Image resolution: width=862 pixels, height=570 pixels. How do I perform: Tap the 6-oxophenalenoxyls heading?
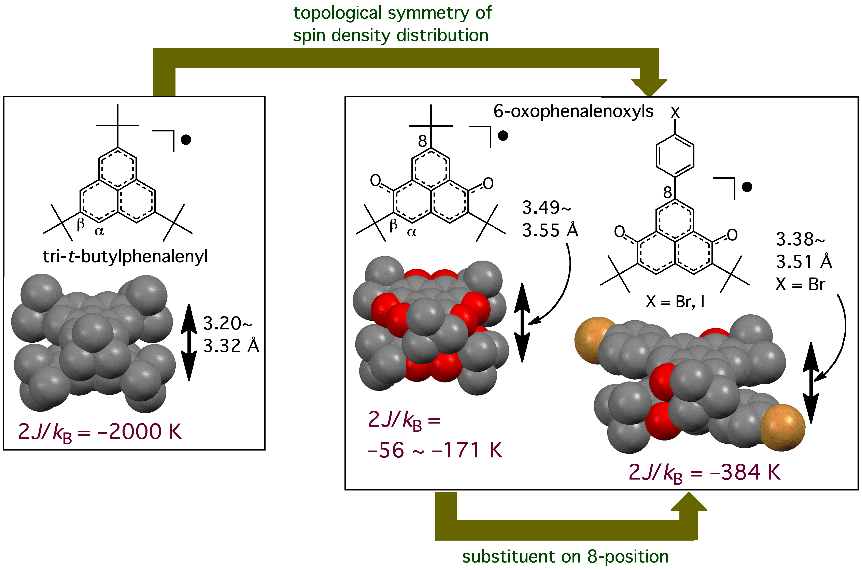coord(573,111)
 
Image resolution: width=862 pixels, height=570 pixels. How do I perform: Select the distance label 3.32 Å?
coord(231,346)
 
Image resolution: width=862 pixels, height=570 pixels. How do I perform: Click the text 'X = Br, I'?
coord(675,301)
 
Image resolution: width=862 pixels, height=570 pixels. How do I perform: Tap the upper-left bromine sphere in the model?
coord(593,340)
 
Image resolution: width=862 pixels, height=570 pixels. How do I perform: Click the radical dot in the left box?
coord(186,140)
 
